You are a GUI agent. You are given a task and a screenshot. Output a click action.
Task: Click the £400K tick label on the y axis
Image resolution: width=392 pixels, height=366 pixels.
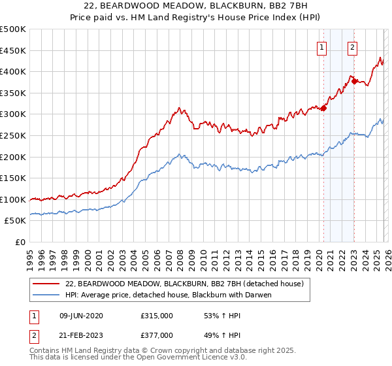click(13, 72)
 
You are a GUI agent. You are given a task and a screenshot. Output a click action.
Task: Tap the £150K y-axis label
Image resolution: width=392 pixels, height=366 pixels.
click(13, 178)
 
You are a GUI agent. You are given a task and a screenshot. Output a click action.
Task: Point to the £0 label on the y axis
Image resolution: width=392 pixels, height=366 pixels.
click(20, 242)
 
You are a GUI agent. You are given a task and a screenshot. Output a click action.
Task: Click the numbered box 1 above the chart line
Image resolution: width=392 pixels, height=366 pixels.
click(323, 46)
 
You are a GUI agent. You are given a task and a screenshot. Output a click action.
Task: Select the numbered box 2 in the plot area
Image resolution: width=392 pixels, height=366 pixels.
click(353, 46)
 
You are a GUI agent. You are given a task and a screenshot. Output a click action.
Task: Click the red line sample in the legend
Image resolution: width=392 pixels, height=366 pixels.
click(47, 284)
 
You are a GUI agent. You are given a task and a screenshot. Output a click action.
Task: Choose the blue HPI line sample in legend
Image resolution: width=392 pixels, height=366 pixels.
click(47, 295)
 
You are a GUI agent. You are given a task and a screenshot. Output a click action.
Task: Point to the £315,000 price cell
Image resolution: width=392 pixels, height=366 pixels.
click(157, 316)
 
